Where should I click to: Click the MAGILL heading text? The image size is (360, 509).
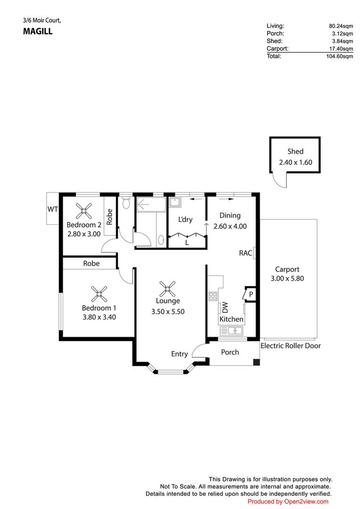pyautogui.click(x=38, y=32)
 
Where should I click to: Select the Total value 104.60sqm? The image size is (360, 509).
pyautogui.click(x=340, y=56)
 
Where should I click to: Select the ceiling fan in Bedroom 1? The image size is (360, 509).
pyautogui.click(x=99, y=294)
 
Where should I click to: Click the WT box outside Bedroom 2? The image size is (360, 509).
pyautogui.click(x=52, y=209)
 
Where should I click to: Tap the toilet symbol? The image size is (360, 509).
pyautogui.click(x=125, y=203)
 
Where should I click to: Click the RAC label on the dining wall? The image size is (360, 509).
pyautogui.click(x=245, y=253)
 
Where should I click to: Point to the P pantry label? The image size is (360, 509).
pyautogui.click(x=251, y=294)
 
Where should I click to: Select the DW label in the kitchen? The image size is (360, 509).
pyautogui.click(x=225, y=307)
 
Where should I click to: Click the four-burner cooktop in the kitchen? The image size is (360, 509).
pyautogui.click(x=213, y=296)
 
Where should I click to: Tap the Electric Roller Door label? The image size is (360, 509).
pyautogui.click(x=290, y=346)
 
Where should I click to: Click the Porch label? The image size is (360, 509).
pyautogui.click(x=230, y=352)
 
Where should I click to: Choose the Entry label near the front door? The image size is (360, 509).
pyautogui.click(x=179, y=354)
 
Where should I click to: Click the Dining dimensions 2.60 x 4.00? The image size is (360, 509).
pyautogui.click(x=230, y=226)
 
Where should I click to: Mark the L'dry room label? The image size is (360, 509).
pyautogui.click(x=185, y=220)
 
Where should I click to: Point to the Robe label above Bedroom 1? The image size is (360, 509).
pyautogui.click(x=91, y=263)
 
